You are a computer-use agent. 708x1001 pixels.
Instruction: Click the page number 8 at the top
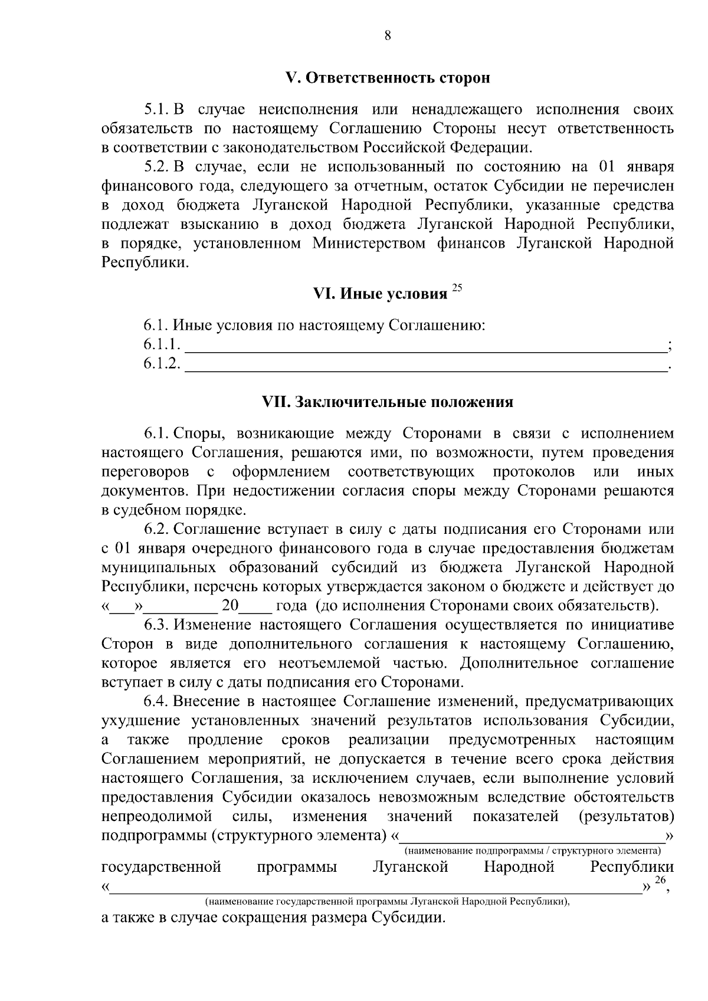pyautogui.click(x=388, y=35)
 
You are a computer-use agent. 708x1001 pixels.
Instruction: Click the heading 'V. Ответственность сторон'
pyautogui.click(x=388, y=78)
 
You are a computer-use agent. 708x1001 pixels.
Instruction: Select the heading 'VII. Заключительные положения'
pyautogui.click(x=388, y=402)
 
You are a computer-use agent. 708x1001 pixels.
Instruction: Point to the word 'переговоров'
pyautogui.click(x=145, y=472)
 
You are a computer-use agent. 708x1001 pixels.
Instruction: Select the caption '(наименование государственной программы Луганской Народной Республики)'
pyautogui.click(x=388, y=901)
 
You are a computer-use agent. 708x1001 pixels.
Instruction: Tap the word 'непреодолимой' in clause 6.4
pyautogui.click(x=157, y=817)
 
